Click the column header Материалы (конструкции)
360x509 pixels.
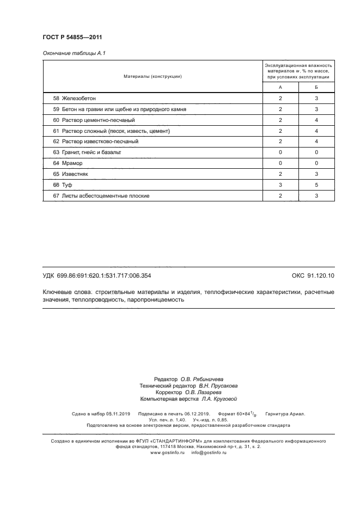[152, 76]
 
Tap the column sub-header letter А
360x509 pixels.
[280, 88]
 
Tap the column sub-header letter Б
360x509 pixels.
[316, 88]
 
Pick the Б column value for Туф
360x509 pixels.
[316, 185]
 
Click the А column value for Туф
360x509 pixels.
[280, 185]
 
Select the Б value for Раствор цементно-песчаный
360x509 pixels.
[316, 120]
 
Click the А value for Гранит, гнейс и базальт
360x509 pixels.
[280, 152]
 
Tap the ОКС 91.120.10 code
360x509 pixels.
[313, 276]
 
